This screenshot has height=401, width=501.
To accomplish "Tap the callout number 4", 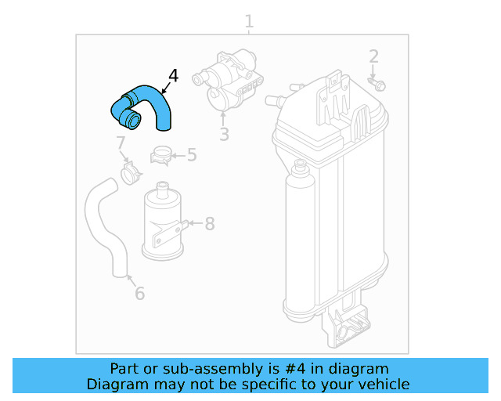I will coord(173,76).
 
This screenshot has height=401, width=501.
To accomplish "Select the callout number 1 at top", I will coord(249,20).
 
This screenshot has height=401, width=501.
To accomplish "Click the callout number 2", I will coord(373,56).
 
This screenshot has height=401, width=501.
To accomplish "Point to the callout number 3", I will coord(224,135).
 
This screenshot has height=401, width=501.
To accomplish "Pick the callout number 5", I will coord(192,155).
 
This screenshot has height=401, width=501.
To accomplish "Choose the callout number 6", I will coord(139,294).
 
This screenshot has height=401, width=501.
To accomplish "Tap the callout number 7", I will coord(121,143).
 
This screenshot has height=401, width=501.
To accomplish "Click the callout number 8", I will coord(209,224).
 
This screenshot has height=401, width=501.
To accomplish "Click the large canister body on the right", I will coord(333,204).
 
